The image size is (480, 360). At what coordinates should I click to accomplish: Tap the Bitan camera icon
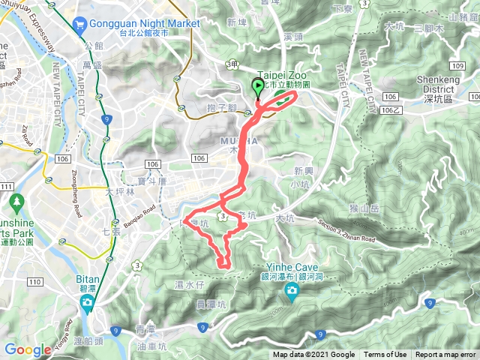tap(88, 303)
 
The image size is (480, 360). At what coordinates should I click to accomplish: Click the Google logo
tap(27, 349)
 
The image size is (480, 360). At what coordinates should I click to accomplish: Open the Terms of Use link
tap(385, 355)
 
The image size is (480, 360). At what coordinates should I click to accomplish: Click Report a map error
tap(445, 355)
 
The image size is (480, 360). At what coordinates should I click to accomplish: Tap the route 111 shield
tap(4, 187)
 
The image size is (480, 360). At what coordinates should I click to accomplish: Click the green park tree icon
tap(16, 202)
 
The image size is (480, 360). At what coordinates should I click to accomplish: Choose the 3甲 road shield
tap(232, 66)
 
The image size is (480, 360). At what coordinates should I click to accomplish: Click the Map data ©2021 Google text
tap(313, 355)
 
